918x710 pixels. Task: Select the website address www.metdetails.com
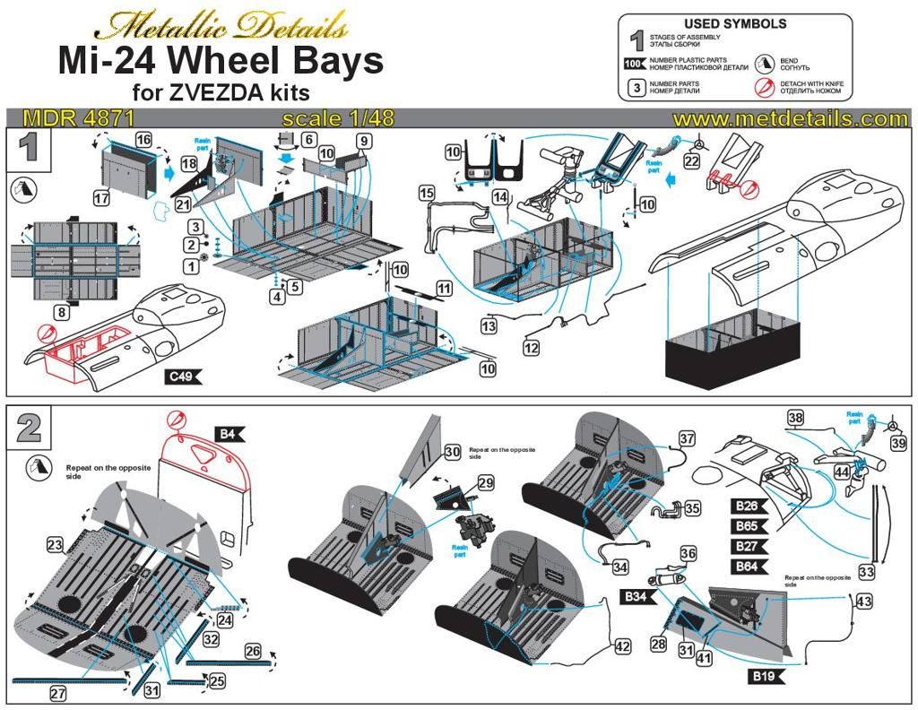(x=791, y=118)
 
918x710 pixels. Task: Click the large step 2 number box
(x=29, y=428)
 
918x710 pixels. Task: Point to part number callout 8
(x=61, y=313)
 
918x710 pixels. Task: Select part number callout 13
(x=488, y=327)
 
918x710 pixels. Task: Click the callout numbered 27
(x=57, y=693)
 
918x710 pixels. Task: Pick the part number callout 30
(x=452, y=452)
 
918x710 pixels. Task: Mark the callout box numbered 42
(x=622, y=645)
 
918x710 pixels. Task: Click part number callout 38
(x=795, y=417)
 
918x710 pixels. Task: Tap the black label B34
(x=636, y=596)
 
